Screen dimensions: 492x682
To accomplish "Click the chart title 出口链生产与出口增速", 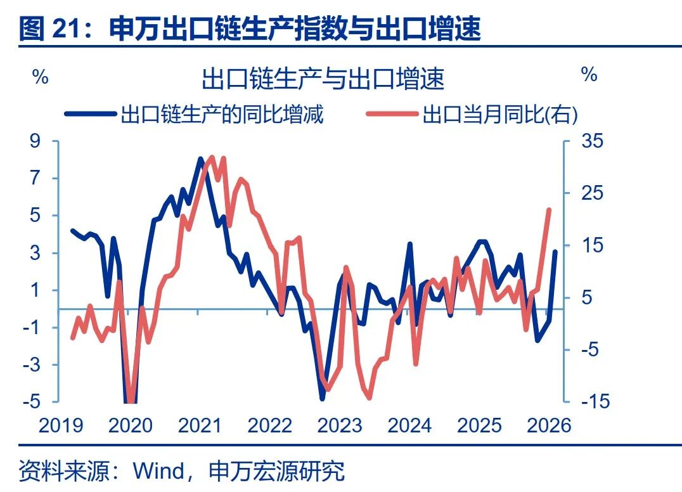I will click(323, 80).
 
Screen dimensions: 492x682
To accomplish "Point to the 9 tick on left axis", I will click(35, 141).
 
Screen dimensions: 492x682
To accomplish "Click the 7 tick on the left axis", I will click(35, 178).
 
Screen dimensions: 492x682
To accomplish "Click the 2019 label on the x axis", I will click(61, 425).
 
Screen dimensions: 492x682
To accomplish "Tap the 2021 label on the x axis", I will click(200, 425).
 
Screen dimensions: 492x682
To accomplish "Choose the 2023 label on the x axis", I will click(340, 425).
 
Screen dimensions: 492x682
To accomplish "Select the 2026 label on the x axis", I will click(549, 425).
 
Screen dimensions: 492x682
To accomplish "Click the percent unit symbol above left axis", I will click(40, 77).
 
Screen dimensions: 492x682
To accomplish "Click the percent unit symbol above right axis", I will click(589, 75).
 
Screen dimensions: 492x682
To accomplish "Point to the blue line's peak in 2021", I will click(200, 159).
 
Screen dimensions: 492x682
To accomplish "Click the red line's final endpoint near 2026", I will click(549, 210).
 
